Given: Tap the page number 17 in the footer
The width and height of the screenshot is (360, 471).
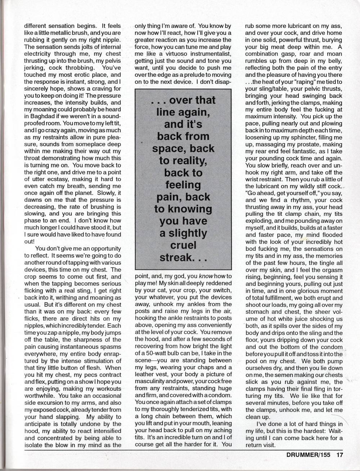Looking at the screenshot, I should pyautogui.click(x=340, y=455).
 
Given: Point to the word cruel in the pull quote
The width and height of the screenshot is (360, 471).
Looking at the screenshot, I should pyautogui.click(x=183, y=245).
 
